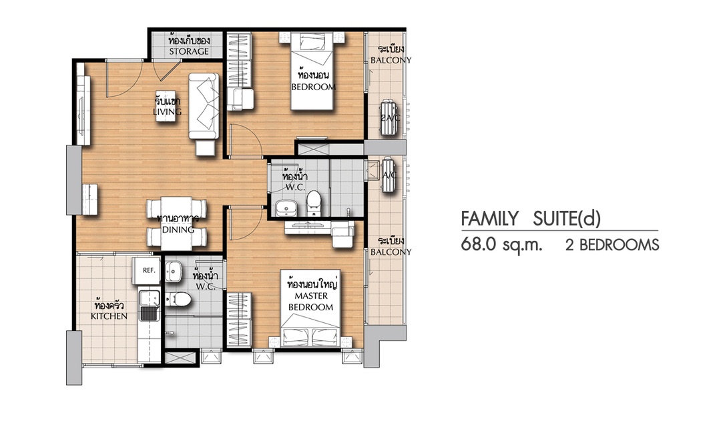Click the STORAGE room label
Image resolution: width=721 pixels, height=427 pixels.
[x=189, y=51]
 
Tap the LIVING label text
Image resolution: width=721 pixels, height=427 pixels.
[x=168, y=111]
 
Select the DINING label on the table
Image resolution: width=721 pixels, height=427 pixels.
[x=178, y=230]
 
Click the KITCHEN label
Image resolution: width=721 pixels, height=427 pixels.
[x=109, y=316]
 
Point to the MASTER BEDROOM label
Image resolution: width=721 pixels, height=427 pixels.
[x=310, y=302]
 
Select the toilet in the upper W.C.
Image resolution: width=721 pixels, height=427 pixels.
[x=314, y=203]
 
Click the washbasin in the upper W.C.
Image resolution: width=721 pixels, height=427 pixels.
[x=287, y=208]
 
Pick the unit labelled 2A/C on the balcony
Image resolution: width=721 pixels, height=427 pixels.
[x=390, y=117]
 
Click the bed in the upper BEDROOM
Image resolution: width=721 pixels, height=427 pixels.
[x=312, y=71]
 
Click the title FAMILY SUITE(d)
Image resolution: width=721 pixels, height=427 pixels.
[x=531, y=218]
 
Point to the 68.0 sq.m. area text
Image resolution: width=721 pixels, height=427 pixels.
[x=501, y=245]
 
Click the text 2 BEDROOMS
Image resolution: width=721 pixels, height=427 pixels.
[x=612, y=245]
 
